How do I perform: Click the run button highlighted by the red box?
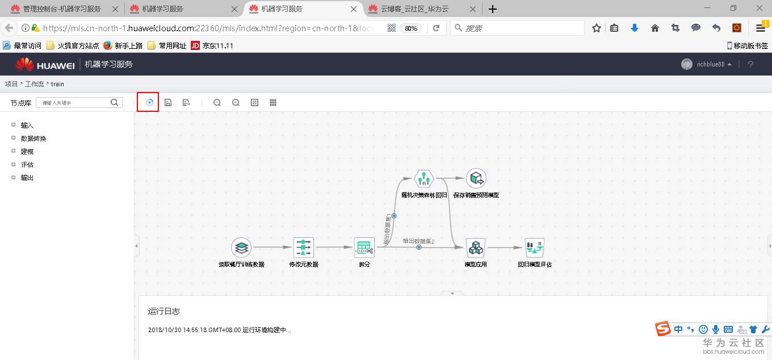pos(149,103)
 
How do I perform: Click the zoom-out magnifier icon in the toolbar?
pos(217,103)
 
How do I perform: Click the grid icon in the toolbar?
pos(273,103)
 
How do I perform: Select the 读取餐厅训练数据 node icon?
pos(241,248)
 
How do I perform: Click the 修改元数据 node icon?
pos(304,248)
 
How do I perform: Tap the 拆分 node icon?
pos(364,248)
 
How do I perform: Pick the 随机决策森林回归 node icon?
pos(423,179)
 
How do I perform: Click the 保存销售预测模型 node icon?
pos(476,179)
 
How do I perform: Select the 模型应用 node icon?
pos(476,248)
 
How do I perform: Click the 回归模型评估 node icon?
pos(534,248)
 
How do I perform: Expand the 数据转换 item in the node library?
pos(33,139)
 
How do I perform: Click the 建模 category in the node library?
pos(27,152)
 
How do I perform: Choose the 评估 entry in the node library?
pos(27,165)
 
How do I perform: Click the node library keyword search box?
pos(74,103)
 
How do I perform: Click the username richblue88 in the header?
pos(711,65)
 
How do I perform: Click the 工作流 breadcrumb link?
pos(34,84)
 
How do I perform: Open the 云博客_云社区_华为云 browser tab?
pos(414,9)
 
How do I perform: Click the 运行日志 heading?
pos(164,311)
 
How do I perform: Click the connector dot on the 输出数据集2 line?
pos(419,247)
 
